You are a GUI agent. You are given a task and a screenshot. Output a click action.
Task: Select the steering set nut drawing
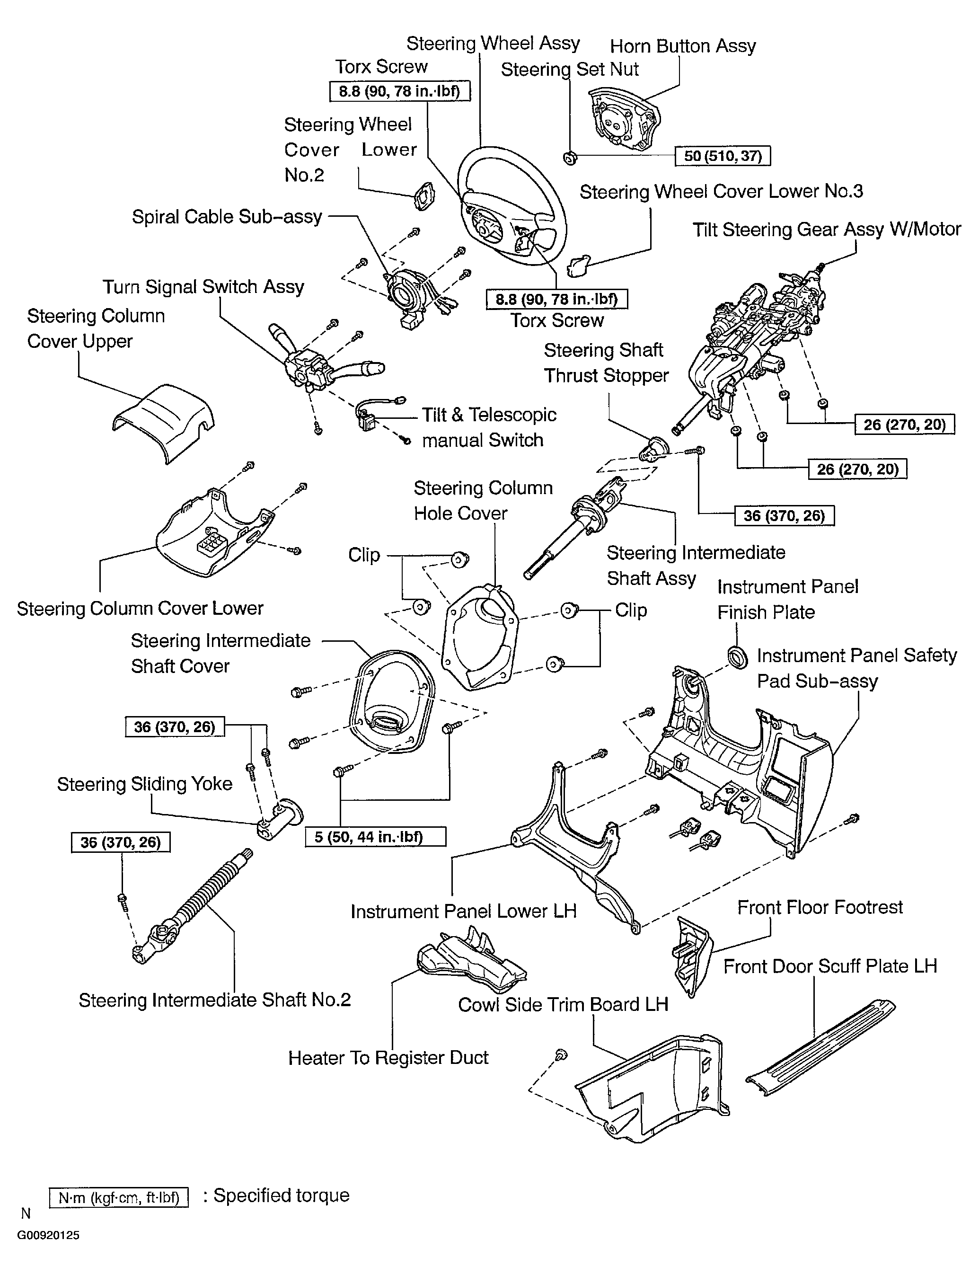coord(570,157)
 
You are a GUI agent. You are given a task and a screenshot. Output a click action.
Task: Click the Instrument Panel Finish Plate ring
coord(738,657)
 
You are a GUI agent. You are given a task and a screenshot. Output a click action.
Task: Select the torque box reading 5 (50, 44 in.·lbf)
coord(376,837)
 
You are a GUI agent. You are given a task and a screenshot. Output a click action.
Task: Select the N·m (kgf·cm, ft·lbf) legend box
coord(119,1198)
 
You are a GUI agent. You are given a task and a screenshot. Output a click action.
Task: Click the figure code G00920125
coord(48,1235)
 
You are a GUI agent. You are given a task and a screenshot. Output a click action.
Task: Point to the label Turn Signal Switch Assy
coord(203,287)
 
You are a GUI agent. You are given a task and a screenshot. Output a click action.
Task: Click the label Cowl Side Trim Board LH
coord(563,1005)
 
